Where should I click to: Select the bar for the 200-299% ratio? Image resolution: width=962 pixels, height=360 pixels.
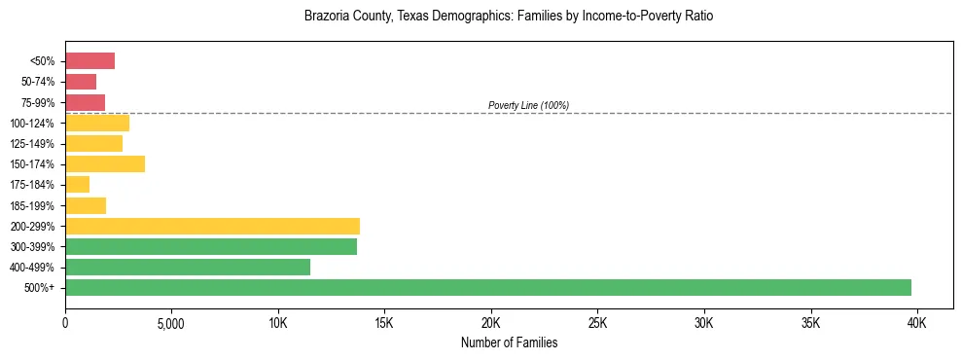tap(212, 226)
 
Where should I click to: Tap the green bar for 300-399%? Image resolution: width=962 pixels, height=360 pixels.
tap(211, 246)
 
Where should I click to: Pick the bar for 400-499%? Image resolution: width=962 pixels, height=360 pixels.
tap(188, 267)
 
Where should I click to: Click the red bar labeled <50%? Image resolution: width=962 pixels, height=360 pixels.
tap(89, 61)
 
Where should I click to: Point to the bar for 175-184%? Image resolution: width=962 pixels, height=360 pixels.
tap(78, 184)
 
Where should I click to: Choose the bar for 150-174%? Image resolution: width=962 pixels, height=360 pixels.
tap(105, 163)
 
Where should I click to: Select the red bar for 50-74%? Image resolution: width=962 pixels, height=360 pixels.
tap(81, 82)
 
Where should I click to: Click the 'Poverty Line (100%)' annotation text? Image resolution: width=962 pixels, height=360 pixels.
tap(528, 105)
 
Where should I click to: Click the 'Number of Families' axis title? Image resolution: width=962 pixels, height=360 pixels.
tap(509, 342)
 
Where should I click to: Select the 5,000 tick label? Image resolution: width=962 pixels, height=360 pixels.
tap(171, 322)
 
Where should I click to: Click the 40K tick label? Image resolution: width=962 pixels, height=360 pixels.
tap(917, 322)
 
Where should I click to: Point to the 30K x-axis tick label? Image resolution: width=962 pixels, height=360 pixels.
tap(704, 322)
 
